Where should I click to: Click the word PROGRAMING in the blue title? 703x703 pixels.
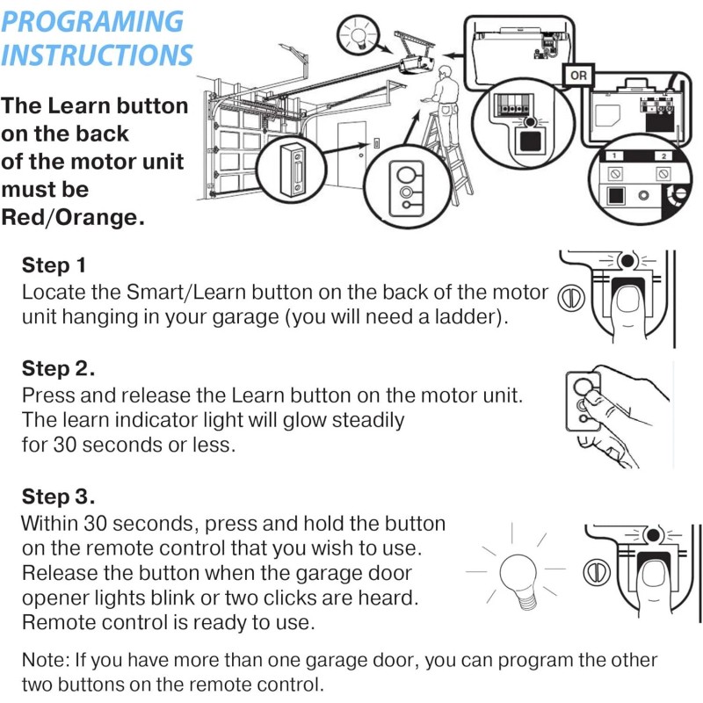(92, 21)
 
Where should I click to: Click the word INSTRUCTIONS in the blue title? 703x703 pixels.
(97, 54)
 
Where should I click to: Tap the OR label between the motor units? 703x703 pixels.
(578, 76)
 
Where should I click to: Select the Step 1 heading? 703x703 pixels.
(54, 265)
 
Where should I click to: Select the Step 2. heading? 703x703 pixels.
(58, 368)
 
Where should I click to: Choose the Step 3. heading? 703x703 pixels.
(58, 496)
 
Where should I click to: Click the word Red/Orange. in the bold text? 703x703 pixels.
(73, 217)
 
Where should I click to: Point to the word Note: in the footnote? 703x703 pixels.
(47, 660)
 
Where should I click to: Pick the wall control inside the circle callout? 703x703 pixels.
(292, 170)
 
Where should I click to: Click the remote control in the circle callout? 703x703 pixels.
(406, 189)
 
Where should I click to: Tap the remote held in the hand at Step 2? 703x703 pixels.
(583, 402)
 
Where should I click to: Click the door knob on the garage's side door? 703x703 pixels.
(361, 156)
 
